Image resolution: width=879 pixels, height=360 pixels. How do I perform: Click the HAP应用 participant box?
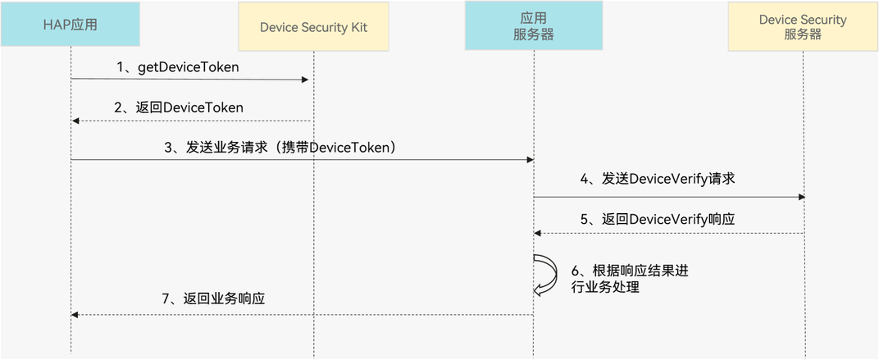pos(71,25)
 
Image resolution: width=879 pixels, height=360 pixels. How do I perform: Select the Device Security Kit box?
pos(313,27)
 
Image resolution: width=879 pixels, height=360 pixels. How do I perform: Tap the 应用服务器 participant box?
pos(533,26)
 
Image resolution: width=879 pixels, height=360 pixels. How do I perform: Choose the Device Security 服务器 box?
pos(803,27)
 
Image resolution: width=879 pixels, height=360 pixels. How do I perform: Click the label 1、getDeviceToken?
pos(177,67)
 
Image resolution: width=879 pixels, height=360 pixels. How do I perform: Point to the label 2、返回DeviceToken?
pos(178,107)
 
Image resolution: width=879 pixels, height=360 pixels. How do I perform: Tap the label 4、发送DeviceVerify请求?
pos(657,179)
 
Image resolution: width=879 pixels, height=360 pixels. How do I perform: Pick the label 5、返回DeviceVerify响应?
pos(657,219)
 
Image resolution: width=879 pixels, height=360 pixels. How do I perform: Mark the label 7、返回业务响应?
pos(213,300)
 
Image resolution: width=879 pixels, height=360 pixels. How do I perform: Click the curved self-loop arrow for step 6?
pos(543,274)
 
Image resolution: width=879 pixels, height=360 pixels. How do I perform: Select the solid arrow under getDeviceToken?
pos(189,80)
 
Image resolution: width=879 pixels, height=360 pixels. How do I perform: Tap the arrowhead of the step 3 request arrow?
pos(531,160)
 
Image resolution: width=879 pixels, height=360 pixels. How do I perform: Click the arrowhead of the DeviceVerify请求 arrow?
pos(800,197)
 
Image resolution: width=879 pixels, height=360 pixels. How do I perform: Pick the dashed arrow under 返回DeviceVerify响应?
pos(668,233)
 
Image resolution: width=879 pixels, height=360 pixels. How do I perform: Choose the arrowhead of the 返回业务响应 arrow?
pos(75,314)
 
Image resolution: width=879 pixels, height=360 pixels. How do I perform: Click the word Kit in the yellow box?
pos(358,27)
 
